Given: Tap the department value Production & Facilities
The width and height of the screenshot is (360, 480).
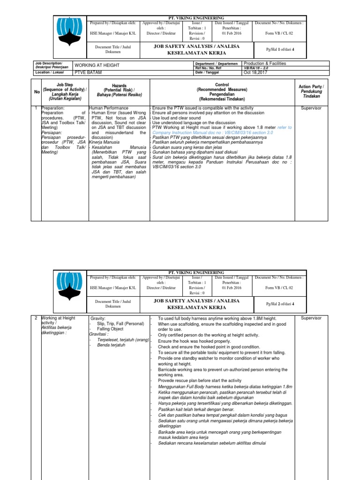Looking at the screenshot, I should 264,63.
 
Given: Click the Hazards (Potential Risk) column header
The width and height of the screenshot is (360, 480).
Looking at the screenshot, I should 119,91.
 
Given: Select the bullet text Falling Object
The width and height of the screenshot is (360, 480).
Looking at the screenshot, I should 111,330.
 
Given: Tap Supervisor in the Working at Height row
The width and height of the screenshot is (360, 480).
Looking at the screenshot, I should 311,318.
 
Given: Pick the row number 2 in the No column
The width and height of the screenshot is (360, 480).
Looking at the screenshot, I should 37,318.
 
